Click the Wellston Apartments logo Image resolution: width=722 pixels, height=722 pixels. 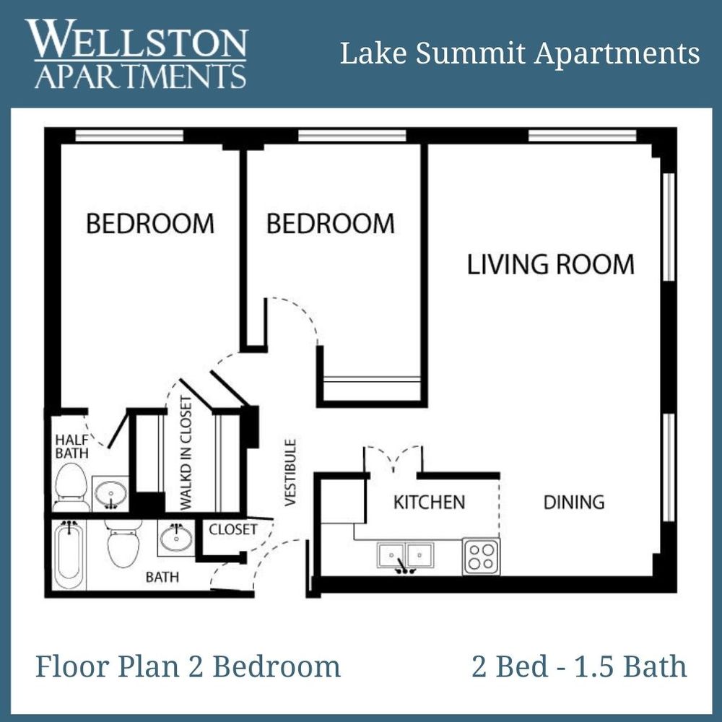tap(137, 54)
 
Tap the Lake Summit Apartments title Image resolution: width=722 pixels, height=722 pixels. tap(520, 53)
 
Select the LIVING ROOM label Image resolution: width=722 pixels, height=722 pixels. tap(550, 264)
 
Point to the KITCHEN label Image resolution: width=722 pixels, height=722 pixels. tap(429, 502)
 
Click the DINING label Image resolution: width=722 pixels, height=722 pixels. tap(573, 502)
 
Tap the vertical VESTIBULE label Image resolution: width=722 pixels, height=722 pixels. tap(290, 473)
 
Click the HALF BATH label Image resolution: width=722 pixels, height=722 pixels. tap(71, 446)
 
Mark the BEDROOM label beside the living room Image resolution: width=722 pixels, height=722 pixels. tap(330, 223)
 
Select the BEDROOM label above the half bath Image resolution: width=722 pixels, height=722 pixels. tap(150, 223)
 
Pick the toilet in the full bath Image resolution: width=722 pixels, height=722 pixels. tap(123, 545)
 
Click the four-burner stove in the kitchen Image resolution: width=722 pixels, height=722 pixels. tap(481, 557)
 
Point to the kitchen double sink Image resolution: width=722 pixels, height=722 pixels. tap(405, 556)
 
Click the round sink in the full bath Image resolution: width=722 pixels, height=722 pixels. tap(175, 538)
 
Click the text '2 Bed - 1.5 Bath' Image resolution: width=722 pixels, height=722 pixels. tap(579, 666)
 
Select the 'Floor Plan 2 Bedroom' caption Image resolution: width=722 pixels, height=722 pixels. tap(188, 666)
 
